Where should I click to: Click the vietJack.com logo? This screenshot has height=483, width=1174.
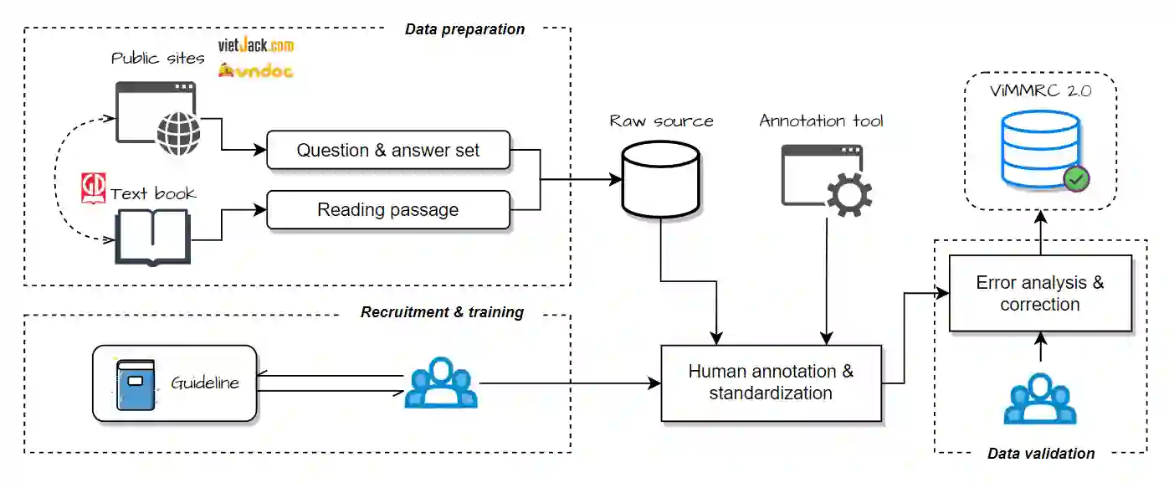pyautogui.click(x=256, y=46)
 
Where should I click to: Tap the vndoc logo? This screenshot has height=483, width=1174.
pyautogui.click(x=255, y=70)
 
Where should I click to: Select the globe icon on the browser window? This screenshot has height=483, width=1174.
pyautogui.click(x=178, y=134)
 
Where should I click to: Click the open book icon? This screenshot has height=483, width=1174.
pyautogui.click(x=152, y=237)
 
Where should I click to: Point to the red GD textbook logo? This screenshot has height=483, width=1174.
pyautogui.click(x=93, y=188)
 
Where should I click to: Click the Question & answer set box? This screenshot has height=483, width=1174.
pyautogui.click(x=388, y=150)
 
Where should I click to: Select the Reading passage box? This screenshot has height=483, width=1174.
pyautogui.click(x=388, y=210)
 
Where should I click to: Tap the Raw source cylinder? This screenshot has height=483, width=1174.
pyautogui.click(x=660, y=179)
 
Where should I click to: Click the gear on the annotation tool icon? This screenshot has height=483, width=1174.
pyautogui.click(x=849, y=194)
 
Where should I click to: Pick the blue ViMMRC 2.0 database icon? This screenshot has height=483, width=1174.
pyautogui.click(x=1041, y=149)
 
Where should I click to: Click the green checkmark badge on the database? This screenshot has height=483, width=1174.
pyautogui.click(x=1077, y=179)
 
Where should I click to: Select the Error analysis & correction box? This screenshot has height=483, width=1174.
pyautogui.click(x=1040, y=293)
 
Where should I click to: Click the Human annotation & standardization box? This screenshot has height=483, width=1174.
pyautogui.click(x=771, y=383)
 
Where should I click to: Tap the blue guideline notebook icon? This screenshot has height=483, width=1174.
pyautogui.click(x=136, y=384)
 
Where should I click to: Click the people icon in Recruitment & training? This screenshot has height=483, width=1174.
pyautogui.click(x=441, y=383)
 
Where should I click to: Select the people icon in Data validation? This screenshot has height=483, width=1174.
pyautogui.click(x=1040, y=398)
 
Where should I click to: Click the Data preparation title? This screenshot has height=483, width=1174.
pyautogui.click(x=465, y=29)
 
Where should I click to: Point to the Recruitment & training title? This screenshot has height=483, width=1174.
pyautogui.click(x=442, y=312)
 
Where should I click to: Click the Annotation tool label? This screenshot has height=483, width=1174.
pyautogui.click(x=821, y=121)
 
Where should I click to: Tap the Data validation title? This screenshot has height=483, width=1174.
pyautogui.click(x=1041, y=454)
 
